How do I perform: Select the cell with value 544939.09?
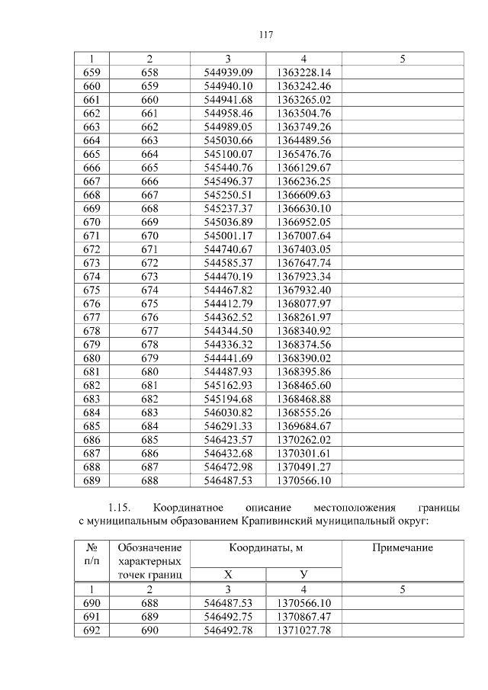click(228, 72)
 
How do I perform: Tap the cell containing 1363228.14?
click(303, 72)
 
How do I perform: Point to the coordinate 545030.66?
click(228, 140)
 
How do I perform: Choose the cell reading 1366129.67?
click(303, 167)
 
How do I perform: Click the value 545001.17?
click(228, 236)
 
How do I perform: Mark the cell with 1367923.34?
click(303, 276)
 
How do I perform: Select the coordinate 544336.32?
click(228, 345)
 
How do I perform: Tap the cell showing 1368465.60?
click(303, 385)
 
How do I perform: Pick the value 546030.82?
click(228, 412)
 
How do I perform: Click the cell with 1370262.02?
click(303, 440)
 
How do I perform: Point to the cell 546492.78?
click(228, 630)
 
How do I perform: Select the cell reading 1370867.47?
click(303, 616)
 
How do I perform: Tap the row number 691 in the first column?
click(91, 616)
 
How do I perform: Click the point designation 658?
click(149, 72)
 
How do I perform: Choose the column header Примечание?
click(403, 547)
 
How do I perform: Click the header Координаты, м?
click(265, 547)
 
